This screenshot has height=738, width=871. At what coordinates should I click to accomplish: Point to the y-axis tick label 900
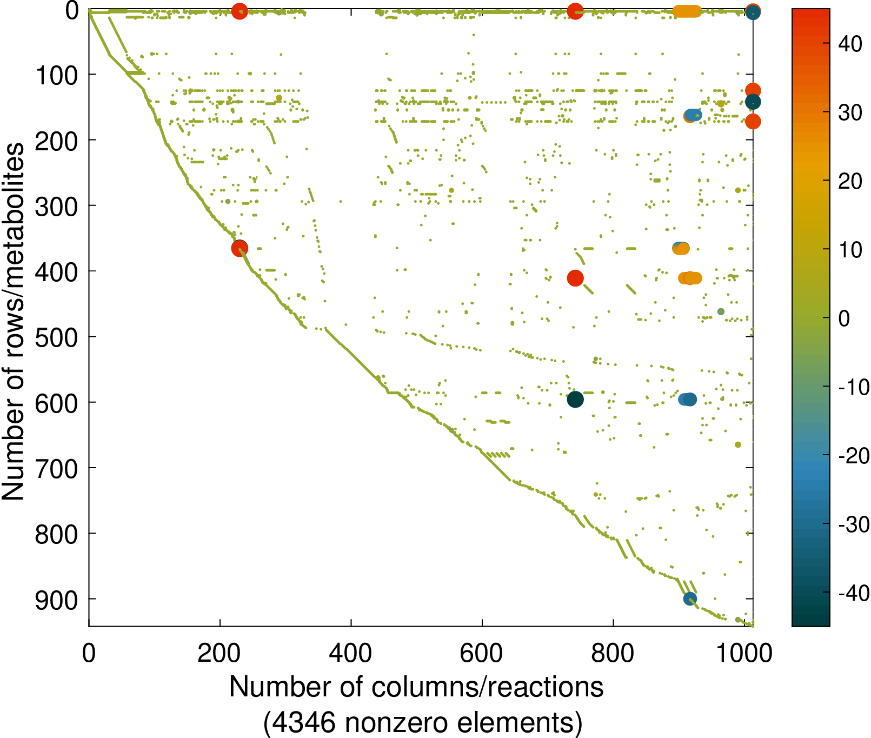(56, 600)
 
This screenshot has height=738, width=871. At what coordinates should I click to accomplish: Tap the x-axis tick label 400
(351, 653)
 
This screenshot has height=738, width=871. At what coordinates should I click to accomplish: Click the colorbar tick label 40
(850, 44)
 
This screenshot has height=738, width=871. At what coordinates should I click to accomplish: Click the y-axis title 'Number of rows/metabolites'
(13, 322)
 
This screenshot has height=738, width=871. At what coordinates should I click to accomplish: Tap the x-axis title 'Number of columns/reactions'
(416, 688)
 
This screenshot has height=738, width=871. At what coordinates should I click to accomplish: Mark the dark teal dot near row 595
(575, 400)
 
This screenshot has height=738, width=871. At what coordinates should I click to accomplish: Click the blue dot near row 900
(690, 599)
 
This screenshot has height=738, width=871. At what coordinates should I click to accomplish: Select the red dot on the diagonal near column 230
(240, 248)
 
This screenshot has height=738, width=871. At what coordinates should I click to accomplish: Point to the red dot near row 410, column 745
(575, 278)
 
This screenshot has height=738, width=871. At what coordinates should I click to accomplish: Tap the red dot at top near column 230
(240, 11)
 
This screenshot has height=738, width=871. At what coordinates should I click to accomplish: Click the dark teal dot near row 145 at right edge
(753, 102)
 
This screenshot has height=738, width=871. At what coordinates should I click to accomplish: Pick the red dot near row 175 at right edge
(753, 122)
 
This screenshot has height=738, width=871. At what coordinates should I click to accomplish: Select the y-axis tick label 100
(56, 75)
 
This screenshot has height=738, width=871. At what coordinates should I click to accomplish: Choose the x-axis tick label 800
(613, 653)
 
